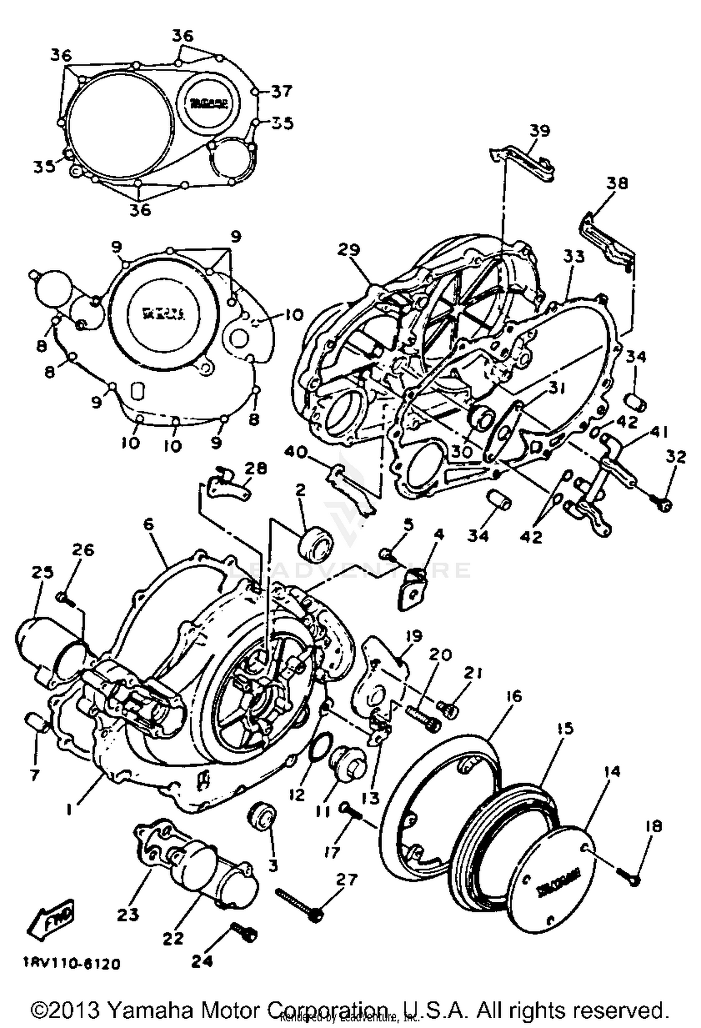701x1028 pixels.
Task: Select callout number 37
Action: (x=281, y=92)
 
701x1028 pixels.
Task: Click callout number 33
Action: (x=574, y=257)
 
